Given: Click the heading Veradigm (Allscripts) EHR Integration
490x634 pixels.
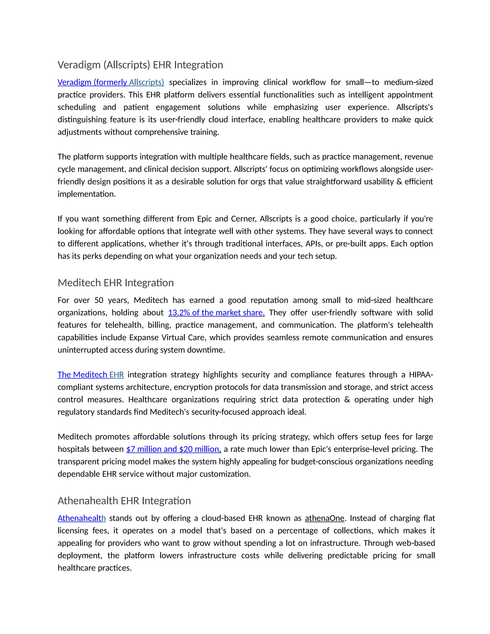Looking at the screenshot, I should click(x=140, y=65).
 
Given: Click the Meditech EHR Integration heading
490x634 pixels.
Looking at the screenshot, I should click(x=116, y=283).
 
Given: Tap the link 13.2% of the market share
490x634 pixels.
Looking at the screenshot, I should click(x=216, y=313).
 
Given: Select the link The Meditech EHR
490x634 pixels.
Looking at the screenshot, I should click(x=91, y=375).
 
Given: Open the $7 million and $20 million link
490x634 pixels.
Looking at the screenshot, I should click(x=173, y=449).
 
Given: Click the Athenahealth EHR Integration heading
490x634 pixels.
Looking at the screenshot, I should click(x=124, y=501).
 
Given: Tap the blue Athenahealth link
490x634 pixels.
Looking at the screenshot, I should click(x=82, y=518).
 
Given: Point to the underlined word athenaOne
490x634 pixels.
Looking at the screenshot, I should click(x=324, y=518).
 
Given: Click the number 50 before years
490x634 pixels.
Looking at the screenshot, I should click(x=99, y=300).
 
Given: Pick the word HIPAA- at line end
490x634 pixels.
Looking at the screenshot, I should click(x=421, y=375).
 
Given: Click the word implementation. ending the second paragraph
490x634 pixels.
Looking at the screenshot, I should click(x=87, y=194).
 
